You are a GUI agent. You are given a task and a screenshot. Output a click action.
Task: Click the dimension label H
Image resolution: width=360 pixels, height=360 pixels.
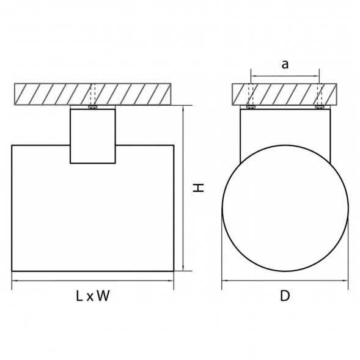click(x=199, y=188)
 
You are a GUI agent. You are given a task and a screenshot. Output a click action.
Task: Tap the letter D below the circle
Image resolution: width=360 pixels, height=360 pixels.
click(x=285, y=296)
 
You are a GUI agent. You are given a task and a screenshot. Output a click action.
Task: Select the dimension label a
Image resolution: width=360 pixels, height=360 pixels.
click(x=285, y=65)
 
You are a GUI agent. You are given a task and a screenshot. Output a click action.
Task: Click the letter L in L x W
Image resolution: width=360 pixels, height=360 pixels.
click(x=79, y=296)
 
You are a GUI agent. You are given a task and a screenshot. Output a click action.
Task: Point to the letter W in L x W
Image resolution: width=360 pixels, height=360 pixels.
click(x=103, y=296)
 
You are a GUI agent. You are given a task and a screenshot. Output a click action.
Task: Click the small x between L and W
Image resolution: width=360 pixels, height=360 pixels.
click(x=90, y=298)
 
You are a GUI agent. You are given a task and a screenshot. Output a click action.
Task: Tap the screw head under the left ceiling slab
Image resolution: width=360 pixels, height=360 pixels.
click(x=93, y=107)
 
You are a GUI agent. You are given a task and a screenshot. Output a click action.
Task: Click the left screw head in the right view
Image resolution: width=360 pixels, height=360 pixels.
click(x=251, y=107)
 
